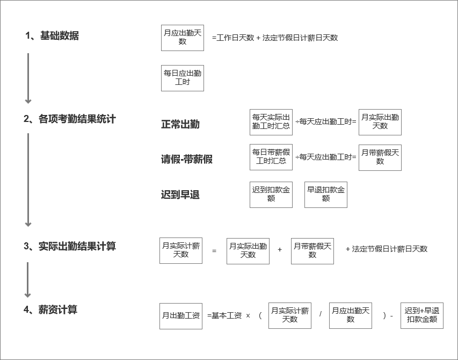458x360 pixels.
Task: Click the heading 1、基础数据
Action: (52, 35)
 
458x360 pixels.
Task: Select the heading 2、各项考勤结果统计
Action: (70, 119)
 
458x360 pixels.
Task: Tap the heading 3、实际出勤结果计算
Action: (70, 246)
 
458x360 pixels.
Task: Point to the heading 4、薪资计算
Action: (50, 309)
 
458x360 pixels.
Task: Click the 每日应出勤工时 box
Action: (183, 78)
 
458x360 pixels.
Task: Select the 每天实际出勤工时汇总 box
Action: (271, 122)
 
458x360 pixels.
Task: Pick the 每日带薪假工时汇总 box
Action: (271, 157)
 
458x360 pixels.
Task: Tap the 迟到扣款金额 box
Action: (271, 195)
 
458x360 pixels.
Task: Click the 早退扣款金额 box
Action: (326, 195)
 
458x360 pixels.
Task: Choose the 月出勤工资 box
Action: (181, 316)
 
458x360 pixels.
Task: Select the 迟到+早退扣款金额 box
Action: (422, 315)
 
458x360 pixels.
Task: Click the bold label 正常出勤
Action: (180, 125)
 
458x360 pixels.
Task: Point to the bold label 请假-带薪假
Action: (187, 159)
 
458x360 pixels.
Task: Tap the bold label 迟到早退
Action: (180, 195)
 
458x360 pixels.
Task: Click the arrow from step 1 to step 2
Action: (28, 78)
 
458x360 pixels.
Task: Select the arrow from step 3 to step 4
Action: (28, 279)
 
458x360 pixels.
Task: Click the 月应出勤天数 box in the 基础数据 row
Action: (183, 38)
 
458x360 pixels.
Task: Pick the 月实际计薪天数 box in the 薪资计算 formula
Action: (290, 315)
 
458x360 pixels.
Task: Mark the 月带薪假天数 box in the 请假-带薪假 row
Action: (380, 157)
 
